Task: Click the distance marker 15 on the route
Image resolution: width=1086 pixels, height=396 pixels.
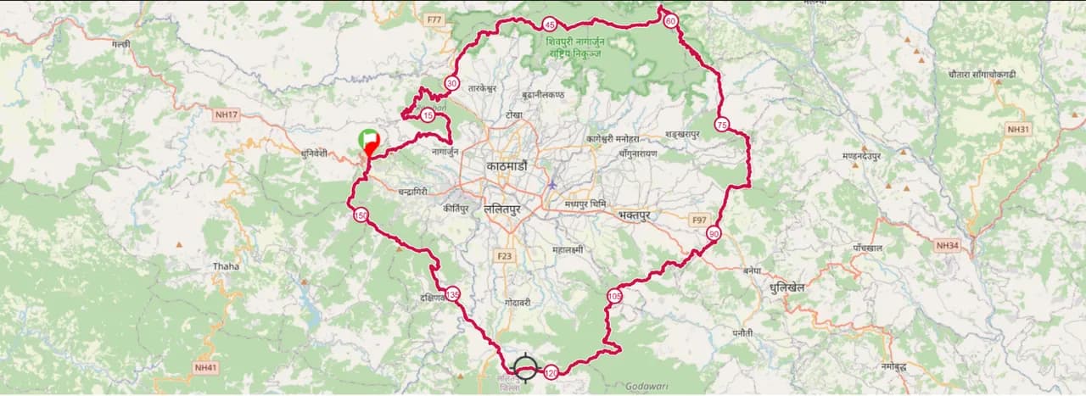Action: [x=428, y=115]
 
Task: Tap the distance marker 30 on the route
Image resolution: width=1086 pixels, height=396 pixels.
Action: [x=451, y=83]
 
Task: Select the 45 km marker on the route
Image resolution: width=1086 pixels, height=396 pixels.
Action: [x=550, y=25]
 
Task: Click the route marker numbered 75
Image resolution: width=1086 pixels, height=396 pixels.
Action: [x=722, y=125]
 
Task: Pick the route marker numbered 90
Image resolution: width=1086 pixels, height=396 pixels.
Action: [x=714, y=233]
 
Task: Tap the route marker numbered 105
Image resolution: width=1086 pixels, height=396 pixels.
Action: [x=614, y=295]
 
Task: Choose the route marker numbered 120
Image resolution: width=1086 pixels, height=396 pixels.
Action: [x=551, y=371]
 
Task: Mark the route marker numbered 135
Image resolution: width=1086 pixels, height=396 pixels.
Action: [x=453, y=294]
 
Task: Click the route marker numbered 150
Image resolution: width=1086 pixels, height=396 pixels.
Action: [x=361, y=215]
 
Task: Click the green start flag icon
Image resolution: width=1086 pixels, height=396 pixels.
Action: [x=368, y=138]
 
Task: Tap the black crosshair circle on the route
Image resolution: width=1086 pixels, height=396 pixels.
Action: [x=526, y=367]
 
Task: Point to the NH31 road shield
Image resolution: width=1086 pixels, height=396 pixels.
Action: [x=1018, y=129]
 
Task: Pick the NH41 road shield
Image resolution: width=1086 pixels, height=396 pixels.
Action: [x=206, y=367]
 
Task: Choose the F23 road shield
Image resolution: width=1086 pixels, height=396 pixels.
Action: [x=505, y=255]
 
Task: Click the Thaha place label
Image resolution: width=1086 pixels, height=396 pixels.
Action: [x=227, y=265]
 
